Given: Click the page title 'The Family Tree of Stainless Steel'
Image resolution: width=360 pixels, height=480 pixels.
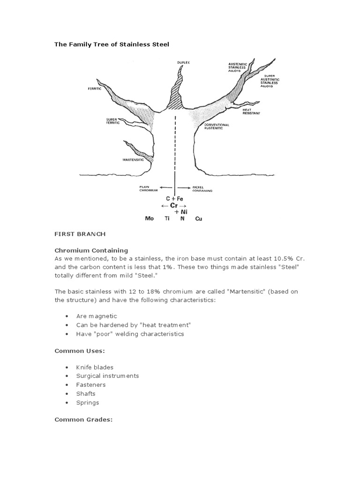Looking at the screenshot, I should tap(111, 44).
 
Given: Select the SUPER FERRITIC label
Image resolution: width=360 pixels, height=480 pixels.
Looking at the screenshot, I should tap(113, 121).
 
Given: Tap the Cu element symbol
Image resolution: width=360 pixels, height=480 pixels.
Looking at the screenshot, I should tap(198, 218).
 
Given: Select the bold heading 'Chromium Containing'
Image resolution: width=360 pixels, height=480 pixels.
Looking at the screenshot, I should tap(91, 250).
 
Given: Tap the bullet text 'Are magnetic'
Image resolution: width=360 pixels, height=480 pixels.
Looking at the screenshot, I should tap(97, 316).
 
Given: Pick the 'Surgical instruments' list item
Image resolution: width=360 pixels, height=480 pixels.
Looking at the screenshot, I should tap(107, 376).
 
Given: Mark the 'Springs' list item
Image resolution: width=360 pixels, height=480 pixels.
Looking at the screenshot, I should tap(88, 403).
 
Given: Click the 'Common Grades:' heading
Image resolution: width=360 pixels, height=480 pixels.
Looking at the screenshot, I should tap(83, 420).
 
